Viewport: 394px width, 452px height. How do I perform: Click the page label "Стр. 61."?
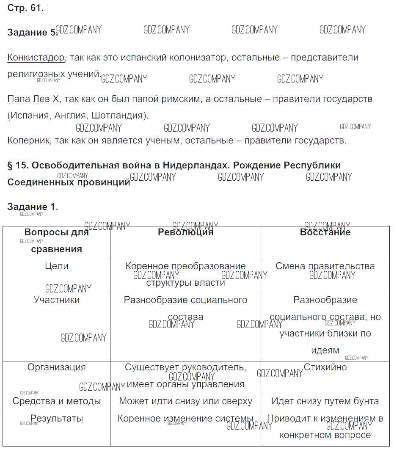[25, 8]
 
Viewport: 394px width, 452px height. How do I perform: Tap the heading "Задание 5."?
[32, 33]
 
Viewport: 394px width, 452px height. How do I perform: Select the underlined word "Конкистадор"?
[36, 58]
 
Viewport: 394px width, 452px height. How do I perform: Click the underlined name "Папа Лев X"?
[33, 99]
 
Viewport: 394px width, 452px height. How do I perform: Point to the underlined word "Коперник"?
[28, 141]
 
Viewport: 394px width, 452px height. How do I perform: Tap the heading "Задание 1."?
[33, 207]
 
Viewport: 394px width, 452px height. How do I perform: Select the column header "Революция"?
[185, 232]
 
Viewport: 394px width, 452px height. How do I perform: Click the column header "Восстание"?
[325, 232]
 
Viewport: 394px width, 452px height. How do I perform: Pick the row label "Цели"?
[56, 266]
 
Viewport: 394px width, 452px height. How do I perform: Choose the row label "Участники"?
[56, 300]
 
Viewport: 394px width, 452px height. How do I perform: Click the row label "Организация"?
[56, 367]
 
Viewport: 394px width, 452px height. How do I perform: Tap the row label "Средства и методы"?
[56, 401]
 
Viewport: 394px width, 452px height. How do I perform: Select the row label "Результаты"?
[56, 419]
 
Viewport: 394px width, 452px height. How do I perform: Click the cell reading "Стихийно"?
[325, 367]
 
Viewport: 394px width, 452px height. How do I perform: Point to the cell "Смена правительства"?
[325, 266]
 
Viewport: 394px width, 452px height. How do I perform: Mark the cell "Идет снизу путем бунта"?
[325, 401]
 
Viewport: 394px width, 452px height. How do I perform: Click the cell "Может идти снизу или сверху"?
[185, 401]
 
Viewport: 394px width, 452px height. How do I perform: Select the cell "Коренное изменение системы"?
[185, 419]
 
